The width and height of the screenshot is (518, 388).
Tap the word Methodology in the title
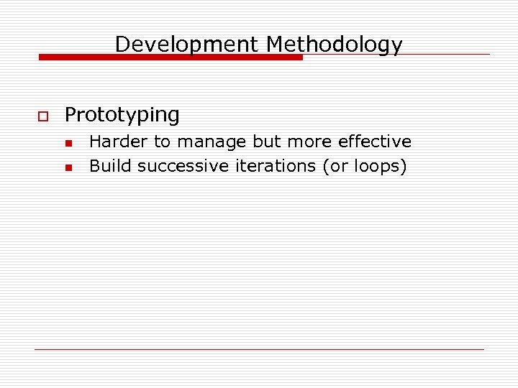[334, 45]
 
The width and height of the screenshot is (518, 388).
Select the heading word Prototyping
[122, 115]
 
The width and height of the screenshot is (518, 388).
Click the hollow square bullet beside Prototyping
[42, 116]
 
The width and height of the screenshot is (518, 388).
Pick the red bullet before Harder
[68, 143]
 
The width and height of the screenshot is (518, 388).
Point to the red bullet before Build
[68, 167]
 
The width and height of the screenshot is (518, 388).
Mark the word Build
[110, 166]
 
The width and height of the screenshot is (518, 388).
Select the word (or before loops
[335, 166]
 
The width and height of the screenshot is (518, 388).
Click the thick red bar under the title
[171, 57]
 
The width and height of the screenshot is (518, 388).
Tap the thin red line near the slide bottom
[259, 349]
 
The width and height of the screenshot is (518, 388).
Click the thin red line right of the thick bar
[396, 54]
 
